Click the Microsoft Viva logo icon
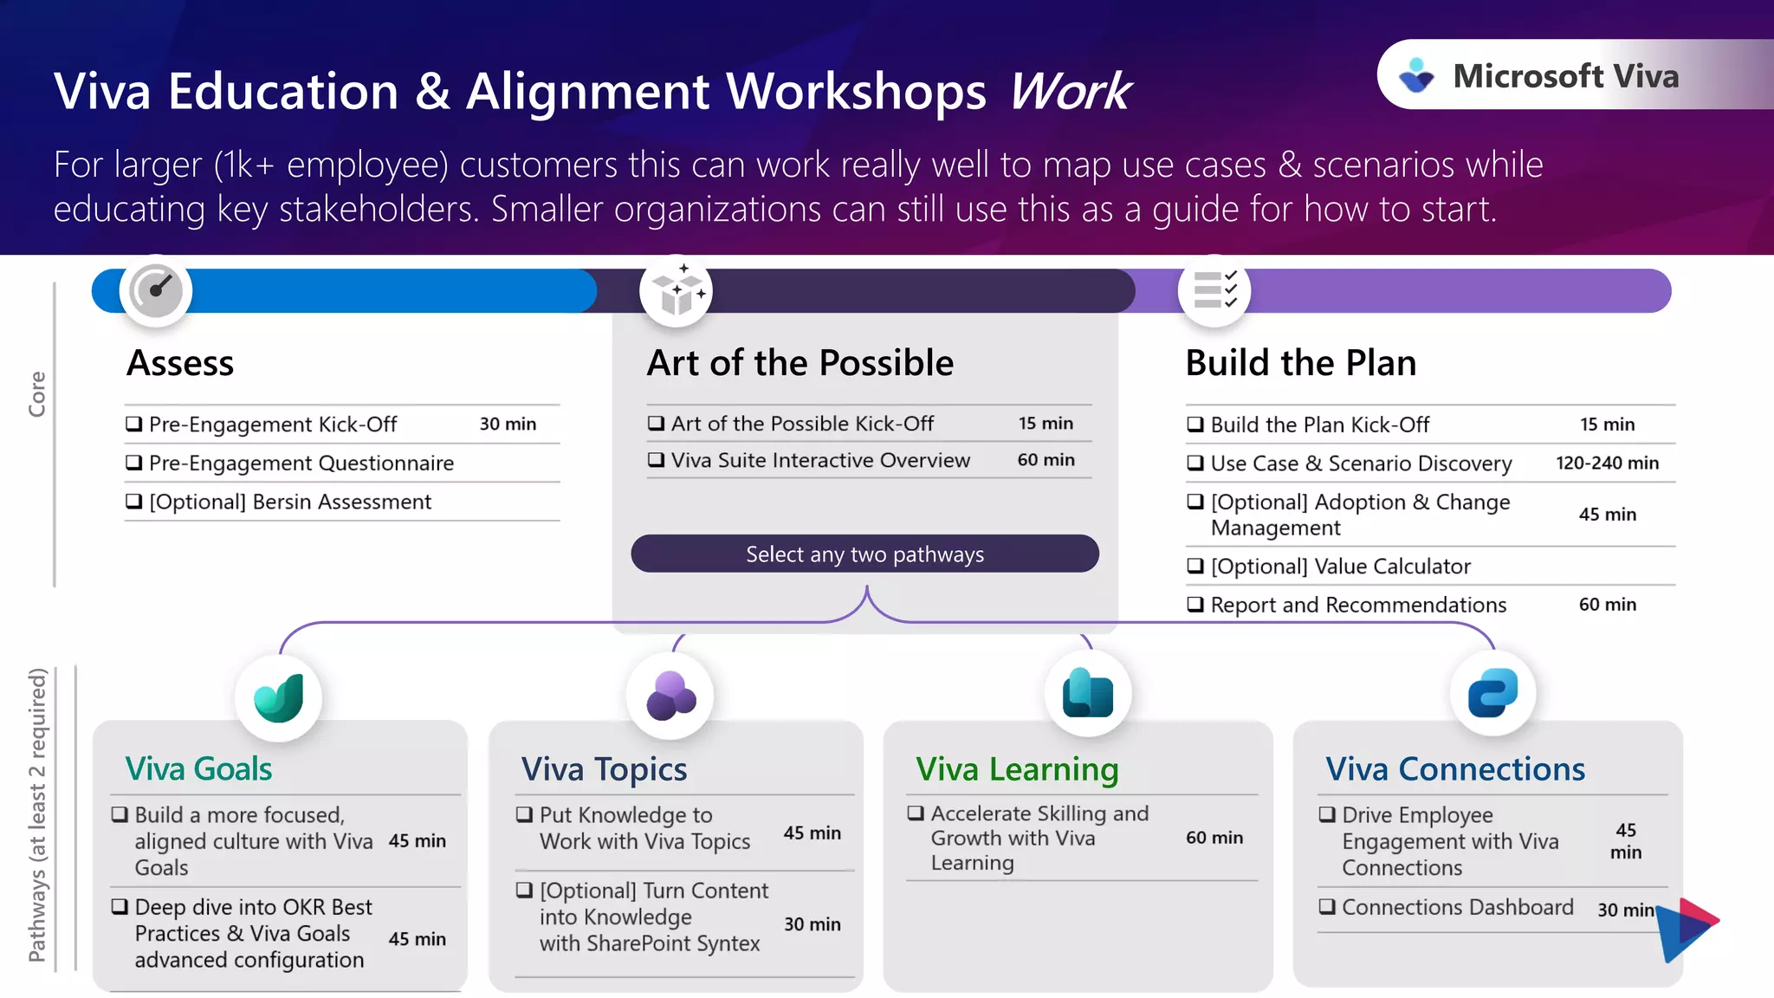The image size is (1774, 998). pyautogui.click(x=1417, y=75)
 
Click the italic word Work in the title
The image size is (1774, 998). pyautogui.click(x=1071, y=91)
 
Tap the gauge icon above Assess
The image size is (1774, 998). pyautogui.click(x=156, y=290)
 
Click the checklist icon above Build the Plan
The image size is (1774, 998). pyautogui.click(x=1214, y=290)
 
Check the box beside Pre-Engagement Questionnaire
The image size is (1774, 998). pyautogui.click(x=134, y=463)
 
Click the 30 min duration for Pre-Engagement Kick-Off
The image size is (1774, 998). pyautogui.click(x=508, y=424)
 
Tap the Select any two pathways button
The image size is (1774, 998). pyautogui.click(x=864, y=554)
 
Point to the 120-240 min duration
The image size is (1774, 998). pyautogui.click(x=1607, y=463)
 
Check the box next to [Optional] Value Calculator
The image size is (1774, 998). pyautogui.click(x=1195, y=566)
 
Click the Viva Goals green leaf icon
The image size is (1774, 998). pyautogui.click(x=279, y=697)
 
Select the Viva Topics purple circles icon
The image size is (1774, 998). pyautogui.click(x=670, y=696)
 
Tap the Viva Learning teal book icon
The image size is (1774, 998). pyautogui.click(x=1088, y=693)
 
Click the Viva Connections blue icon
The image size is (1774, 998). pyautogui.click(x=1492, y=693)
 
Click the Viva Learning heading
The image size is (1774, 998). pyautogui.click(x=1017, y=769)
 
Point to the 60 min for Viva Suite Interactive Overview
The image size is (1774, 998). pyautogui.click(x=1046, y=460)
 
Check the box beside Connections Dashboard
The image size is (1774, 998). pyautogui.click(x=1326, y=907)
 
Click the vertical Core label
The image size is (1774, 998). pyautogui.click(x=36, y=394)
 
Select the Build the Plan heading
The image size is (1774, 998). pyautogui.click(x=1300, y=363)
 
